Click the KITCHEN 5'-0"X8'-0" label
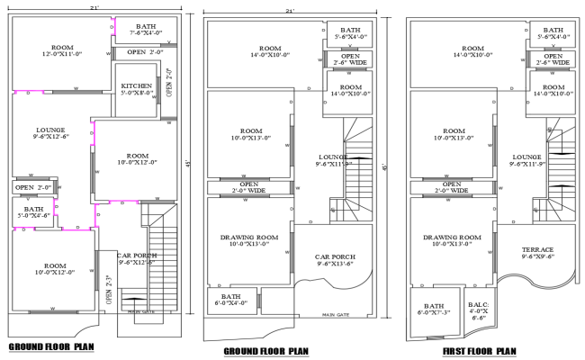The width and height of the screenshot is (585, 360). click(137, 90)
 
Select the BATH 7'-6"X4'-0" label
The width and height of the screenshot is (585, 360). click(146, 31)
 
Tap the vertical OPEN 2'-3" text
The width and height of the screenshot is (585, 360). click(108, 292)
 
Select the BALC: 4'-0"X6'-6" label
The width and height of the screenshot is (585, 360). click(479, 311)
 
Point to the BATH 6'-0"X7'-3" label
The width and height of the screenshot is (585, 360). click(435, 309)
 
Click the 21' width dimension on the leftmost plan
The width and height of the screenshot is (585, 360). click(94, 8)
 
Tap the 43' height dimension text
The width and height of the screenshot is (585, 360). click(187, 162)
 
